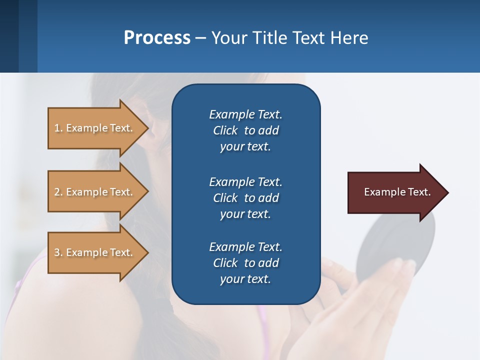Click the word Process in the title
tap(157, 38)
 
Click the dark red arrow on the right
tap(395, 192)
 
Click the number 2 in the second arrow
tap(57, 192)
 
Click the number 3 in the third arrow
tap(57, 252)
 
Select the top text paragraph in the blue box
tap(245, 130)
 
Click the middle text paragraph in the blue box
tap(245, 197)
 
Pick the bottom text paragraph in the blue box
tap(245, 263)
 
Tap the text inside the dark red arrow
tap(397, 192)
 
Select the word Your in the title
tap(227, 38)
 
